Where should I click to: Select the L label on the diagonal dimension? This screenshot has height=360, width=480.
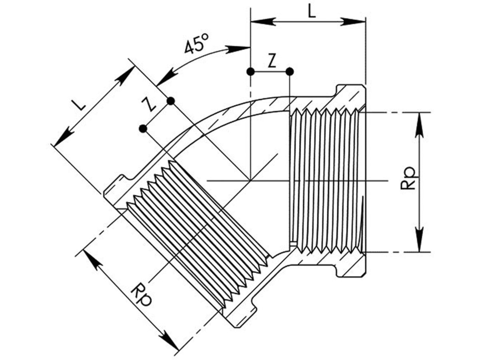coord(79,105)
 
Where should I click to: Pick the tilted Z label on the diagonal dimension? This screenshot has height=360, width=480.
coord(149,104)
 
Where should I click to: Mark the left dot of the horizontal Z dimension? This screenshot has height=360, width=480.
coord(251,72)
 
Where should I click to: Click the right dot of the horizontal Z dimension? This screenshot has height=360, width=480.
coord(290,72)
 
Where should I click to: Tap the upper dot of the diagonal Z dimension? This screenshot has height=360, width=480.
coord(170,101)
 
